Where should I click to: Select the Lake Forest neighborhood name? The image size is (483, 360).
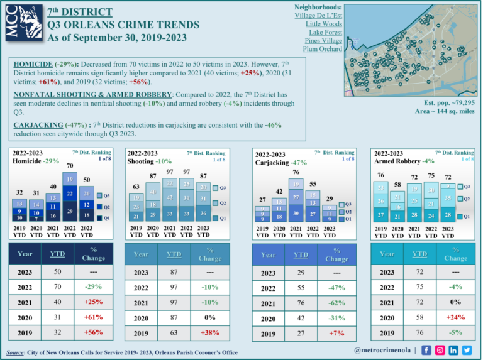click(325, 31)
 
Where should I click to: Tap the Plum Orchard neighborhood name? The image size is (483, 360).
click(323, 49)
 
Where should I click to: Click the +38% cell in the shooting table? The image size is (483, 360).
click(209, 334)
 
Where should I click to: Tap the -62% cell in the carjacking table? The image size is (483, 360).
click(336, 304)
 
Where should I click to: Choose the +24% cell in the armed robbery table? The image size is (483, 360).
click(455, 317)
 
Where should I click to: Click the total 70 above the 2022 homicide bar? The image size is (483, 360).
click(70, 166)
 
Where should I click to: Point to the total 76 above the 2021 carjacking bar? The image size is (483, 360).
click(296, 172)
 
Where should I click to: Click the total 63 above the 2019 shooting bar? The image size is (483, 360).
click(136, 187)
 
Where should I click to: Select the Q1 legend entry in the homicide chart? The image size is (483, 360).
click(106, 218)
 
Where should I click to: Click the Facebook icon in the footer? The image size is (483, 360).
click(426, 350)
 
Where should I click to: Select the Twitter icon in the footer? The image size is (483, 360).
click(467, 350)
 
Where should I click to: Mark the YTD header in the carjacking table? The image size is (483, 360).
click(301, 254)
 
